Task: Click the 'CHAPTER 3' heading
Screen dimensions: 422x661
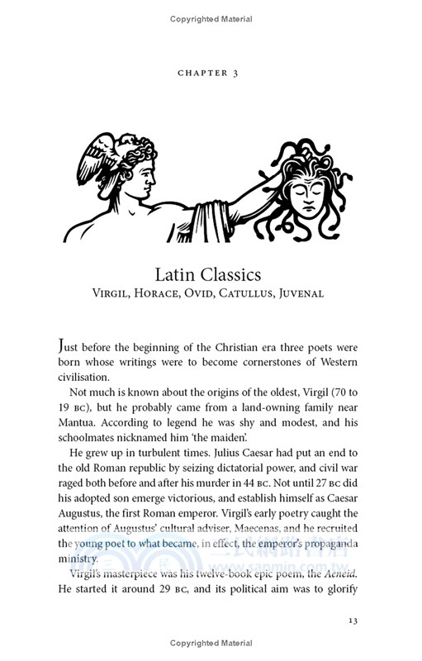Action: pyautogui.click(x=210, y=74)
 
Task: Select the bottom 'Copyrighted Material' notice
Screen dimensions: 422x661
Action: pyautogui.click(x=210, y=643)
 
